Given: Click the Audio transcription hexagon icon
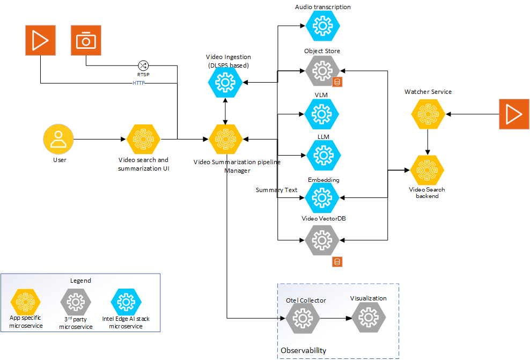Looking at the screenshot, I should pyautogui.click(x=323, y=25).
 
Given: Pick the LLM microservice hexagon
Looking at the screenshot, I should pyautogui.click(x=323, y=155).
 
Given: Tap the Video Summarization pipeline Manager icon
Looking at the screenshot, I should pyautogui.click(x=225, y=139).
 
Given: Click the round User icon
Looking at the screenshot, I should pyautogui.click(x=58, y=139).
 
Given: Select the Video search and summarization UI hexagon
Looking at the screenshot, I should pyautogui.click(x=144, y=139).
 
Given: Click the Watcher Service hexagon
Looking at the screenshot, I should pyautogui.click(x=428, y=114).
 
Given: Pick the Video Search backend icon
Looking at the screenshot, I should pyautogui.click(x=428, y=171).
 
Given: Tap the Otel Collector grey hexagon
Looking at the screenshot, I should pyautogui.click(x=303, y=319).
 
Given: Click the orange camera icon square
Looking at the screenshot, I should pyautogui.click(x=86, y=41).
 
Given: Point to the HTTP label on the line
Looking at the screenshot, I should pyautogui.click(x=139, y=83).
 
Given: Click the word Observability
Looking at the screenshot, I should pyautogui.click(x=303, y=350).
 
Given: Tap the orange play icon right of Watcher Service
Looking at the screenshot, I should pyautogui.click(x=513, y=114).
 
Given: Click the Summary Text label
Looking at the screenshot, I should pyautogui.click(x=276, y=190).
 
